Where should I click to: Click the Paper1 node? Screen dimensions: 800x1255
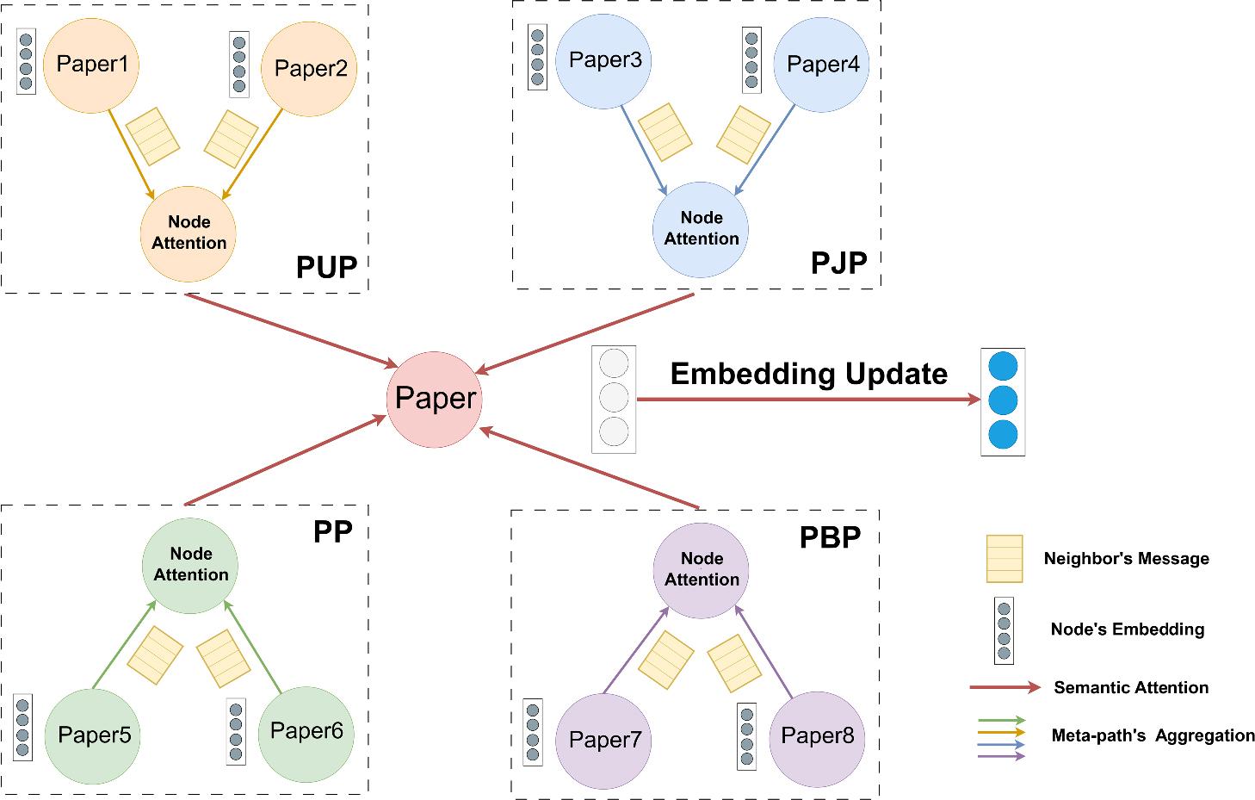tap(90, 65)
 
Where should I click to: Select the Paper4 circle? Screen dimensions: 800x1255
tap(821, 65)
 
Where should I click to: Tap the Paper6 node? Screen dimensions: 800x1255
tap(306, 733)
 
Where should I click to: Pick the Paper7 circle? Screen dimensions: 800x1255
tap(604, 741)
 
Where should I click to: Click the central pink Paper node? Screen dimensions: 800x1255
tap(434, 399)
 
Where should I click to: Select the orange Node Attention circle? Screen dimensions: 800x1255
tap(189, 233)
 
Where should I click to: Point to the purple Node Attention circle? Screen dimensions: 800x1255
tap(702, 569)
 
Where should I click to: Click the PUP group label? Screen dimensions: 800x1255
tap(326, 268)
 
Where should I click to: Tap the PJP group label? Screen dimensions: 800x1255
tap(838, 262)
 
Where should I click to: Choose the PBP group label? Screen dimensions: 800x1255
tap(830, 536)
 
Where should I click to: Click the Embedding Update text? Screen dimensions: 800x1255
tap(808, 374)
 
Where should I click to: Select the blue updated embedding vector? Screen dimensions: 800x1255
tap(1003, 401)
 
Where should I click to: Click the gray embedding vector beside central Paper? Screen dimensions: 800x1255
tap(614, 400)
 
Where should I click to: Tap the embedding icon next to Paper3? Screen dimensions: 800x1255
tap(538, 58)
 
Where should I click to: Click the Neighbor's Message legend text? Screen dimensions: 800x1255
tap(1126, 559)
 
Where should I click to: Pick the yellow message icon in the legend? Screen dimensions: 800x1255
tap(1005, 558)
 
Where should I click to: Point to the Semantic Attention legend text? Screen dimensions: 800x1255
tap(1131, 687)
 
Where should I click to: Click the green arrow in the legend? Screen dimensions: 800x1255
tap(1002, 720)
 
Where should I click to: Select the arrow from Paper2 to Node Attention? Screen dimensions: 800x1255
tap(254, 152)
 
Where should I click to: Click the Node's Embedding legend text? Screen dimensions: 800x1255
tap(1127, 629)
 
